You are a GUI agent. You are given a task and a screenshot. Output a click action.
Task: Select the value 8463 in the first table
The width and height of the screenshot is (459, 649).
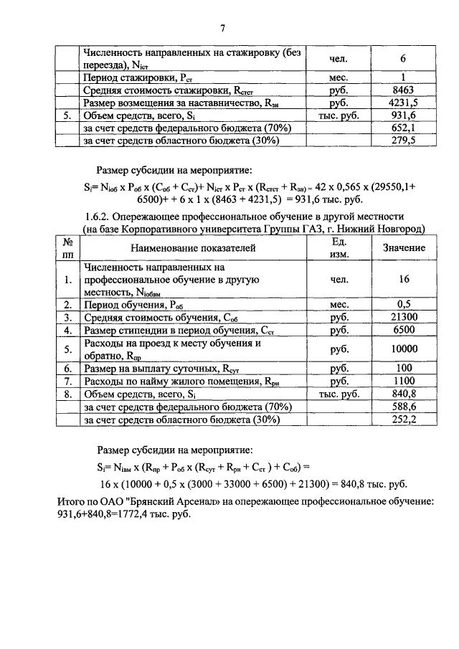pyautogui.click(x=404, y=91)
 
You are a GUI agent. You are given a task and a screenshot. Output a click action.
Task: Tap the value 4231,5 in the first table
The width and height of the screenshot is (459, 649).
pyautogui.click(x=404, y=103)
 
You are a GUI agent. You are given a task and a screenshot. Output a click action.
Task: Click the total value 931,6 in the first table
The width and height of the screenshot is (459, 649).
pyautogui.click(x=404, y=115)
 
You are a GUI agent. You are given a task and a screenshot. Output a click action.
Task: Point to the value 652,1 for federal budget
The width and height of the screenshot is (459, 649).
pyautogui.click(x=404, y=128)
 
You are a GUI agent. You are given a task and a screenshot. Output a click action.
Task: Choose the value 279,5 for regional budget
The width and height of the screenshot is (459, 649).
pyautogui.click(x=404, y=140)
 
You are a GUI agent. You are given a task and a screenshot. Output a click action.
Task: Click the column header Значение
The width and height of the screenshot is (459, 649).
pyautogui.click(x=404, y=247)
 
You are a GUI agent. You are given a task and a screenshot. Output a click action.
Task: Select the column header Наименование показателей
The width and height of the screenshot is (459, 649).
pyautogui.click(x=192, y=247)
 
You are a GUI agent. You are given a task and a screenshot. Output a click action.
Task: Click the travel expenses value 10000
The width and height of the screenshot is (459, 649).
pyautogui.click(x=404, y=349)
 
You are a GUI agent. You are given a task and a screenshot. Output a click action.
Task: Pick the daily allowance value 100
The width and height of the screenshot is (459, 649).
pyautogui.click(x=404, y=369)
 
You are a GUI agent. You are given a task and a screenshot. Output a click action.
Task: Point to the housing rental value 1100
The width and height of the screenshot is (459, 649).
pyautogui.click(x=404, y=382)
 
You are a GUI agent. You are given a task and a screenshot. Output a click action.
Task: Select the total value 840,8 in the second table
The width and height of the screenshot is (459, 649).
pyautogui.click(x=404, y=394)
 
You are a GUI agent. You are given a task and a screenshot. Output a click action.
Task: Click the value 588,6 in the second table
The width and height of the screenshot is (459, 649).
pyautogui.click(x=404, y=407)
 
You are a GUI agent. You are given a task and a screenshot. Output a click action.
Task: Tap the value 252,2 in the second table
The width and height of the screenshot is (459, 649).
pyautogui.click(x=404, y=420)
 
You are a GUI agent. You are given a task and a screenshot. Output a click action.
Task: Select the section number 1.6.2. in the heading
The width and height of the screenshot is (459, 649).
pyautogui.click(x=98, y=216)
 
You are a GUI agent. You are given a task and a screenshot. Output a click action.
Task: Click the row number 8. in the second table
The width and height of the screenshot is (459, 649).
pyautogui.click(x=67, y=394)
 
